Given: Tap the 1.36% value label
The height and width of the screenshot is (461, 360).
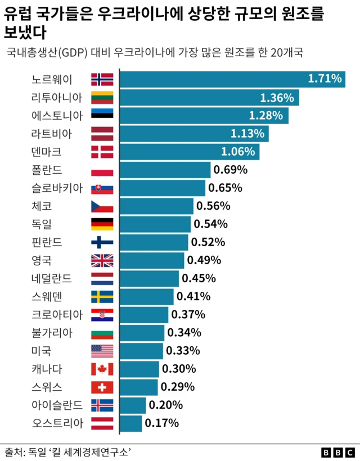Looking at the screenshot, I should (277, 98).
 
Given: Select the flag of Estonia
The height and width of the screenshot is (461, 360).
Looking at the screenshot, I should (102, 115).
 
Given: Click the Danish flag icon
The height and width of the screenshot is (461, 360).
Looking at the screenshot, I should (102, 152).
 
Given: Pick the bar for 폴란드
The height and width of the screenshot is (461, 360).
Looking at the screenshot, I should (165, 170).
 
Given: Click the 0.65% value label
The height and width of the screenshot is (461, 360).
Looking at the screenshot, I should (225, 188).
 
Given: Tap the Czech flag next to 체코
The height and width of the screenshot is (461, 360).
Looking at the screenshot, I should (102, 206).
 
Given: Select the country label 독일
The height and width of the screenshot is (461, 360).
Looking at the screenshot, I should (42, 224).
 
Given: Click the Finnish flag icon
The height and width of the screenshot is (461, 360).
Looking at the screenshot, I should (102, 242).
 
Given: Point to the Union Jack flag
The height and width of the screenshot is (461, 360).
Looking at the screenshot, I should (102, 260).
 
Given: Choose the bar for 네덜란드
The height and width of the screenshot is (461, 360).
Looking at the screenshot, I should (149, 278).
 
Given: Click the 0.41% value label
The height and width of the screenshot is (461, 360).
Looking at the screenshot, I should (193, 296).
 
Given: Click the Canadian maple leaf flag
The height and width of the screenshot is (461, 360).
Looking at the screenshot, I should (102, 369).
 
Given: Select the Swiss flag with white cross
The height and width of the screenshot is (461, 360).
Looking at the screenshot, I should (102, 387).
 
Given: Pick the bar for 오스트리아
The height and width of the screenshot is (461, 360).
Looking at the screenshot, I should (130, 423).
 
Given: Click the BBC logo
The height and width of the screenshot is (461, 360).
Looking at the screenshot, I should (338, 452).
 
